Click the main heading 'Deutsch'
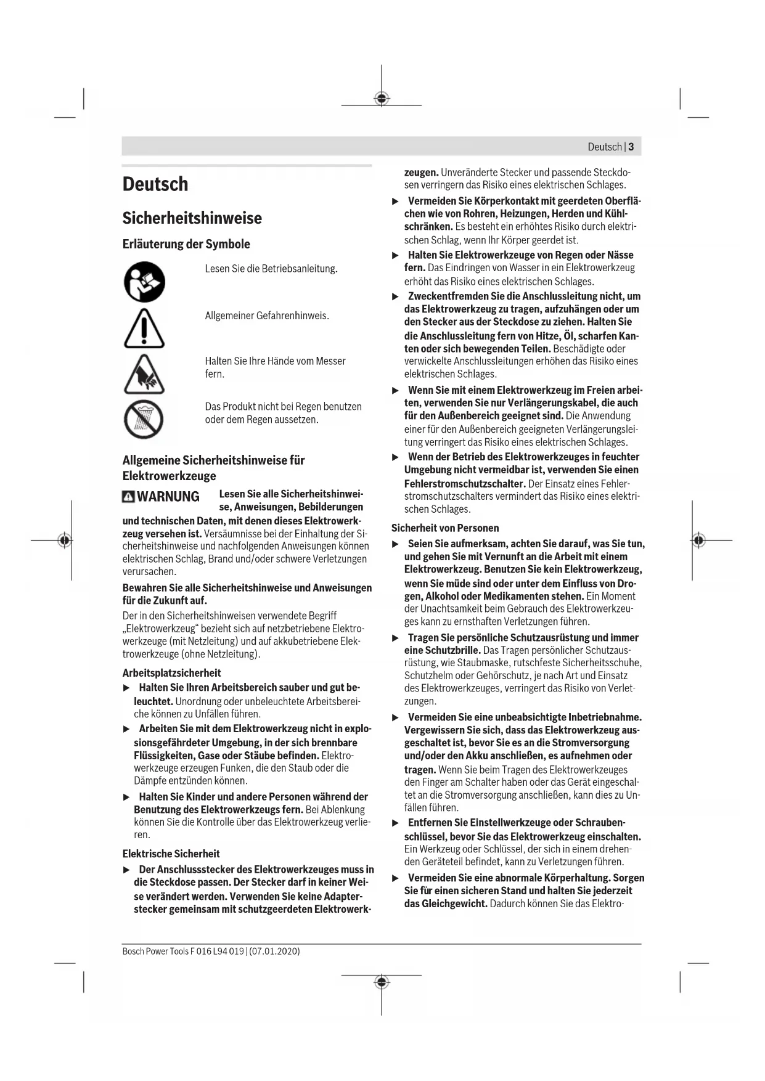pyautogui.click(x=155, y=184)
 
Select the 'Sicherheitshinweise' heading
pyautogui.click(x=192, y=218)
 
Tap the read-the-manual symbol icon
pyautogui.click(x=144, y=282)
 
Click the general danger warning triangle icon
pyautogui.click(x=144, y=328)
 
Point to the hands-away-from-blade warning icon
pyautogui.click(x=144, y=374)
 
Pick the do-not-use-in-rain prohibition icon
pyautogui.click(x=144, y=419)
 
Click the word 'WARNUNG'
pyautogui.click(x=168, y=497)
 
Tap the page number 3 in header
pyautogui.click(x=631, y=147)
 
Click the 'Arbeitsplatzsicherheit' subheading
pyautogui.click(x=171, y=673)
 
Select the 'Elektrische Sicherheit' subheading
pyautogui.click(x=171, y=854)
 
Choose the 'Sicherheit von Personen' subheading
pyautogui.click(x=445, y=528)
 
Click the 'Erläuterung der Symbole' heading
pyautogui.click(x=186, y=244)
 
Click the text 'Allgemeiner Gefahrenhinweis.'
pyautogui.click(x=267, y=316)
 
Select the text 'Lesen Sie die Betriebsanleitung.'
pyautogui.click(x=271, y=269)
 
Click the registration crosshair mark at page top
pyautogui.click(x=382, y=99)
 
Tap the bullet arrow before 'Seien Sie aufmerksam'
pyautogui.click(x=396, y=544)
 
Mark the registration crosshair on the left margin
pyautogui.click(x=65, y=540)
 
